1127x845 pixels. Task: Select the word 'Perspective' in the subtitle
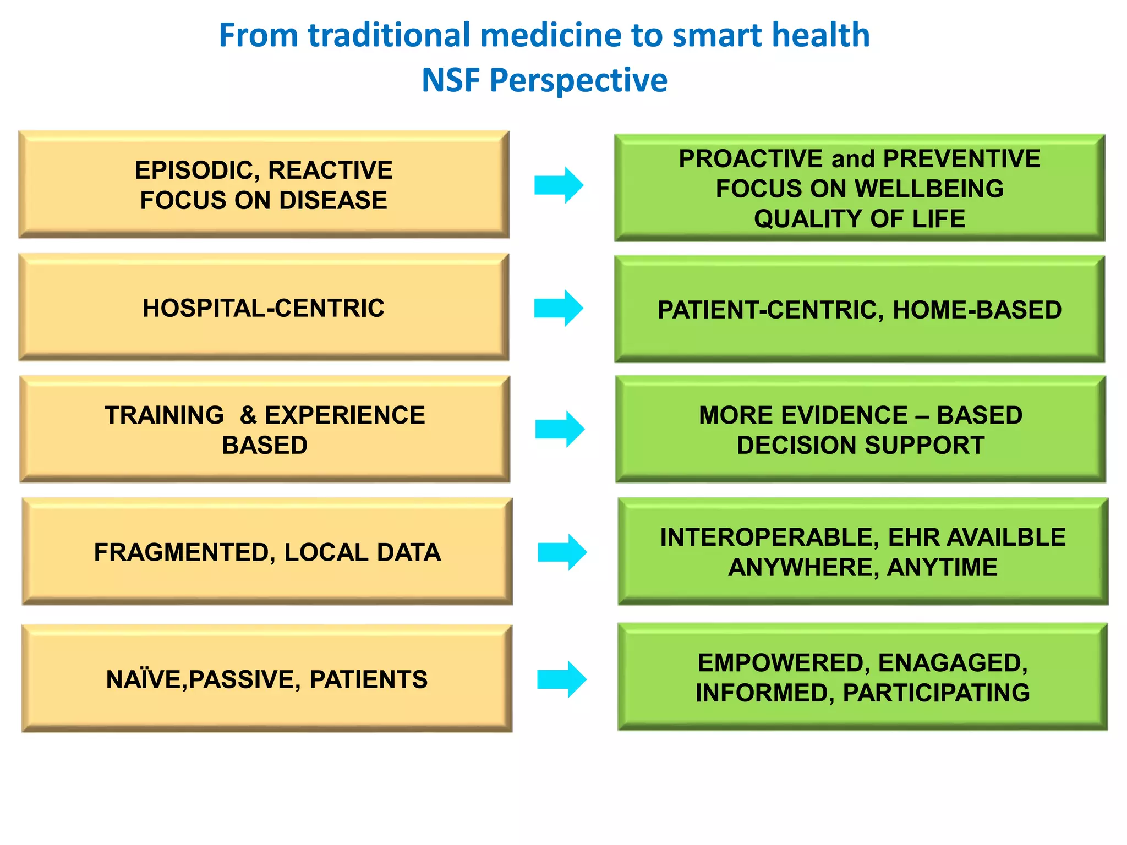pyautogui.click(x=578, y=80)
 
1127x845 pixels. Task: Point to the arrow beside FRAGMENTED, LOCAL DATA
pyautogui.click(x=562, y=552)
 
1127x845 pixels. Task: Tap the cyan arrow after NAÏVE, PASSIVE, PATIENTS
pyautogui.click(x=561, y=679)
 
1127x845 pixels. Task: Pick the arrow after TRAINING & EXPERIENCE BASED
pyautogui.click(x=560, y=429)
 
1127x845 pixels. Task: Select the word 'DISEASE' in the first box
pyautogui.click(x=333, y=200)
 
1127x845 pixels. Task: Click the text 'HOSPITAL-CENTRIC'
pyautogui.click(x=264, y=308)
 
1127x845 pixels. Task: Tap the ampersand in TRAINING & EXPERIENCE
pyautogui.click(x=248, y=415)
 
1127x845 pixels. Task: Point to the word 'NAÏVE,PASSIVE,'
pyautogui.click(x=204, y=680)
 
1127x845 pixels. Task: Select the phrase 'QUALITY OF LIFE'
pyautogui.click(x=859, y=219)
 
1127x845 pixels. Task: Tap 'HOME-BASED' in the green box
pyautogui.click(x=977, y=310)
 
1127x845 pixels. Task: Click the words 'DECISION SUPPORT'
pyautogui.click(x=860, y=446)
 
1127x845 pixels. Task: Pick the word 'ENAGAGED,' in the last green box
pyautogui.click(x=953, y=663)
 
